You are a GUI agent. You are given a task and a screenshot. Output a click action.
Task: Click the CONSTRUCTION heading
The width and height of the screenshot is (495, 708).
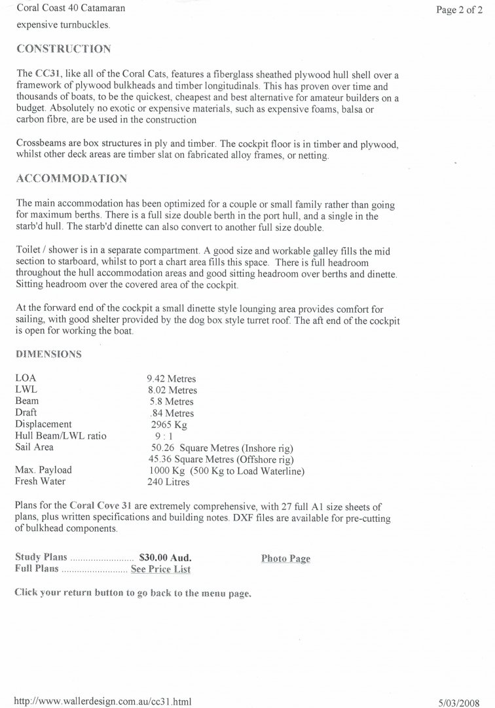coord(63,49)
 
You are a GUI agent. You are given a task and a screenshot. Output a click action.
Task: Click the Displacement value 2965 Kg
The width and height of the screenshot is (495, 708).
coord(169,424)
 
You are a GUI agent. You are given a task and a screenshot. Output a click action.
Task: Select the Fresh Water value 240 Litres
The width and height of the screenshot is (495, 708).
coord(169,482)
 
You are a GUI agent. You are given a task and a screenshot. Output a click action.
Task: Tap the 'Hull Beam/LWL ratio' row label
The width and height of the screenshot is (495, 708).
coord(60,436)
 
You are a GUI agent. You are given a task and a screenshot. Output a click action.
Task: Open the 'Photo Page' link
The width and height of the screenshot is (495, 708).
coord(285,559)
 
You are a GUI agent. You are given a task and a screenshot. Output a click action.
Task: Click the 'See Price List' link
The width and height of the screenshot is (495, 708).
coord(160,569)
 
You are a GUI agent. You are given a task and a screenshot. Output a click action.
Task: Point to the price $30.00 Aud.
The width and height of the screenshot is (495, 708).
coord(165,558)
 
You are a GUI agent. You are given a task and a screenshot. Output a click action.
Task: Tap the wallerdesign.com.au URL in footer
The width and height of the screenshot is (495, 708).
coord(103,701)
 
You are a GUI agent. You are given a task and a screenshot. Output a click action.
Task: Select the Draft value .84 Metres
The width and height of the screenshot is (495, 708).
coord(172,413)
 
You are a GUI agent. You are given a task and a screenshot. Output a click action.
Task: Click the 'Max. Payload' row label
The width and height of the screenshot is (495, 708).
coord(43,470)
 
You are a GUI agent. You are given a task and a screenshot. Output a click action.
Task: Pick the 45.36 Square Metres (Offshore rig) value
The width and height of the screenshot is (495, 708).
coord(221,459)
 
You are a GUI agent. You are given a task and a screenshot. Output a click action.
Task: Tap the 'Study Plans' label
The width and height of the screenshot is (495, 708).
coord(42,558)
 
